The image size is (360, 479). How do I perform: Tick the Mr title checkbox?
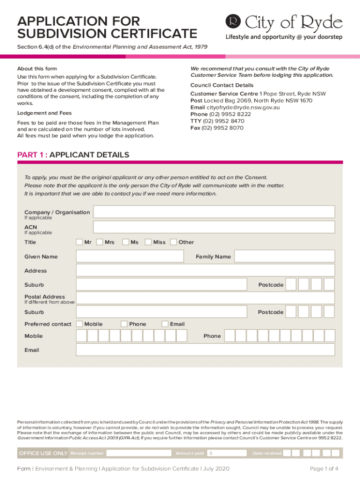tap(79, 242)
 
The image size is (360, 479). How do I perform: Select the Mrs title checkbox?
tap(99, 242)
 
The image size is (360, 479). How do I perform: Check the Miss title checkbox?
tap(148, 242)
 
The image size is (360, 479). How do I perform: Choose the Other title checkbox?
tap(173, 242)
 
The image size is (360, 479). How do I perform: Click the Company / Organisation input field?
tap(214, 212)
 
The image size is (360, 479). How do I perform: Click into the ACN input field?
tap(214, 227)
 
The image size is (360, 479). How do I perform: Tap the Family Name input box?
tap(284, 256)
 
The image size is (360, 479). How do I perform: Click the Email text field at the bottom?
tap(205, 350)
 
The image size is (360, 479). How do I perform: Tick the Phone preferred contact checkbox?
tap(124, 324)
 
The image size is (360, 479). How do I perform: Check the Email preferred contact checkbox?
tap(165, 324)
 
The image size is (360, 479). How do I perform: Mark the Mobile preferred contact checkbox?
tap(79, 324)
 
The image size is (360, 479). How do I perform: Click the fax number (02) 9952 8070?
tap(222, 128)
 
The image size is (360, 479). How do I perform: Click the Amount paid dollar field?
tap(227, 453)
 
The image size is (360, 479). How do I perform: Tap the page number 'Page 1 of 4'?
tap(324, 469)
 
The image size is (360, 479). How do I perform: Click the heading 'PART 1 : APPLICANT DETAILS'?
tap(73, 155)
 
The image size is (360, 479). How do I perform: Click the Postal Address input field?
tap(205, 298)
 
